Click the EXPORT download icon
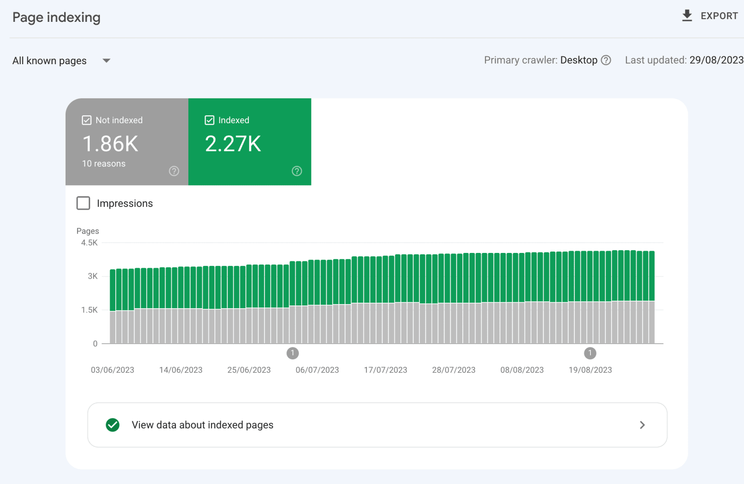point(687,16)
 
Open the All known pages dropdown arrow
point(106,60)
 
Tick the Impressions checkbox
point(83,203)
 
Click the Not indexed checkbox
point(86,120)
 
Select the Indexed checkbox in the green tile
point(209,120)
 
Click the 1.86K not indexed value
point(110,144)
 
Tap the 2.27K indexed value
point(233,144)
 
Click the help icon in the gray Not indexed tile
point(174,171)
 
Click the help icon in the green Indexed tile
point(297,171)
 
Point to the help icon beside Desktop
point(606,60)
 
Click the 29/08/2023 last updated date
point(717,60)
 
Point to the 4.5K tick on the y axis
point(89,243)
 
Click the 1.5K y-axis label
point(89,310)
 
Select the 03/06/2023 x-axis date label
point(113,370)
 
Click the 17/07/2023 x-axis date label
point(385,370)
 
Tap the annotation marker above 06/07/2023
point(292,353)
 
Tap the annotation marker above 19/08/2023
point(590,353)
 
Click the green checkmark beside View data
point(113,425)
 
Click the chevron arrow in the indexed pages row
point(642,425)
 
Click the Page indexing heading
point(56,17)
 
